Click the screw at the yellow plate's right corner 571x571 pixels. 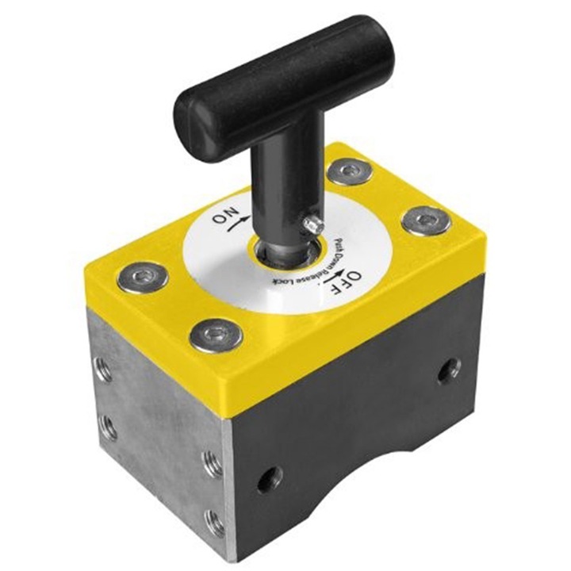point(425,221)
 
